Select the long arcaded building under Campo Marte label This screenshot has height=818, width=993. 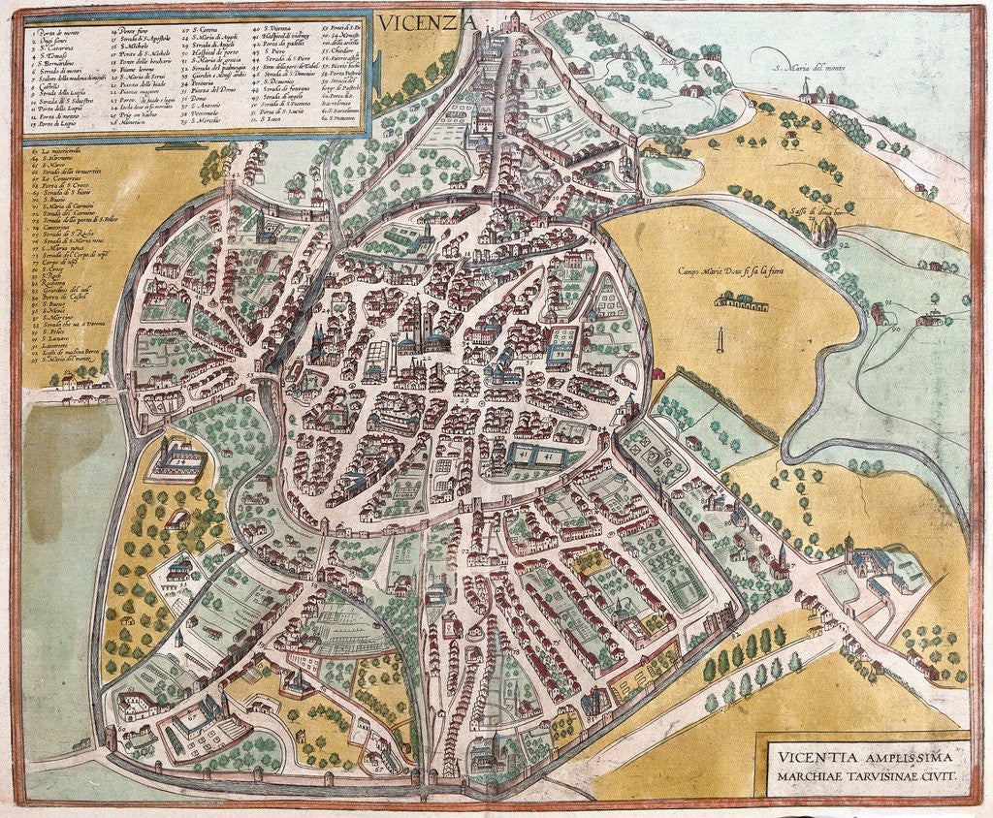(x=741, y=302)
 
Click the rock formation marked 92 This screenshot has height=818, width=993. (x=824, y=231)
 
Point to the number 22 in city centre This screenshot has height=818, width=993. (x=428, y=358)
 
